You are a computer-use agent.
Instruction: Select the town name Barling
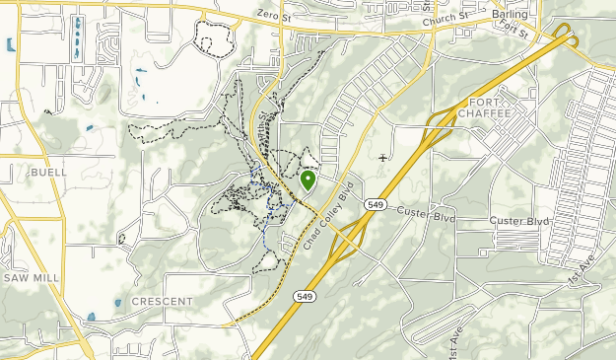point(510,16)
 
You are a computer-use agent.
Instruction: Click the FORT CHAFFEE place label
point(490,108)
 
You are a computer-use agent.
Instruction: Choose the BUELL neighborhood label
point(48,172)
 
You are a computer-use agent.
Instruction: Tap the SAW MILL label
point(31,278)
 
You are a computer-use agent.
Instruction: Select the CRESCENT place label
point(162,300)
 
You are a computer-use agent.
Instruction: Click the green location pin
point(308,180)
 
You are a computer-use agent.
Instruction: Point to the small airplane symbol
point(383,157)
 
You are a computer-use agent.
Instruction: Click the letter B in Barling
point(496,16)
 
